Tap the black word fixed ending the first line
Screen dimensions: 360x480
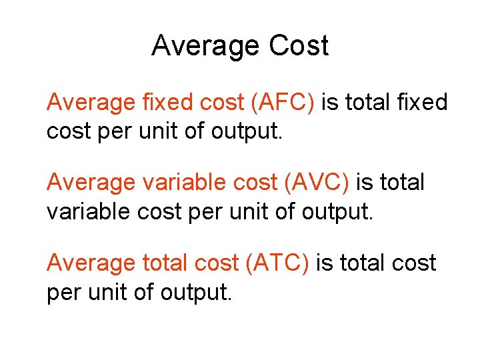425,103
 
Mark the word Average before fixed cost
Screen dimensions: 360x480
91,103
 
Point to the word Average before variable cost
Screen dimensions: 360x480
91,182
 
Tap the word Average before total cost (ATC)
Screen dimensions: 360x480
91,263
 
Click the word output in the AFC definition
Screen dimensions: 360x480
247,131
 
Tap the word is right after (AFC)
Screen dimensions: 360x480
329,103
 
